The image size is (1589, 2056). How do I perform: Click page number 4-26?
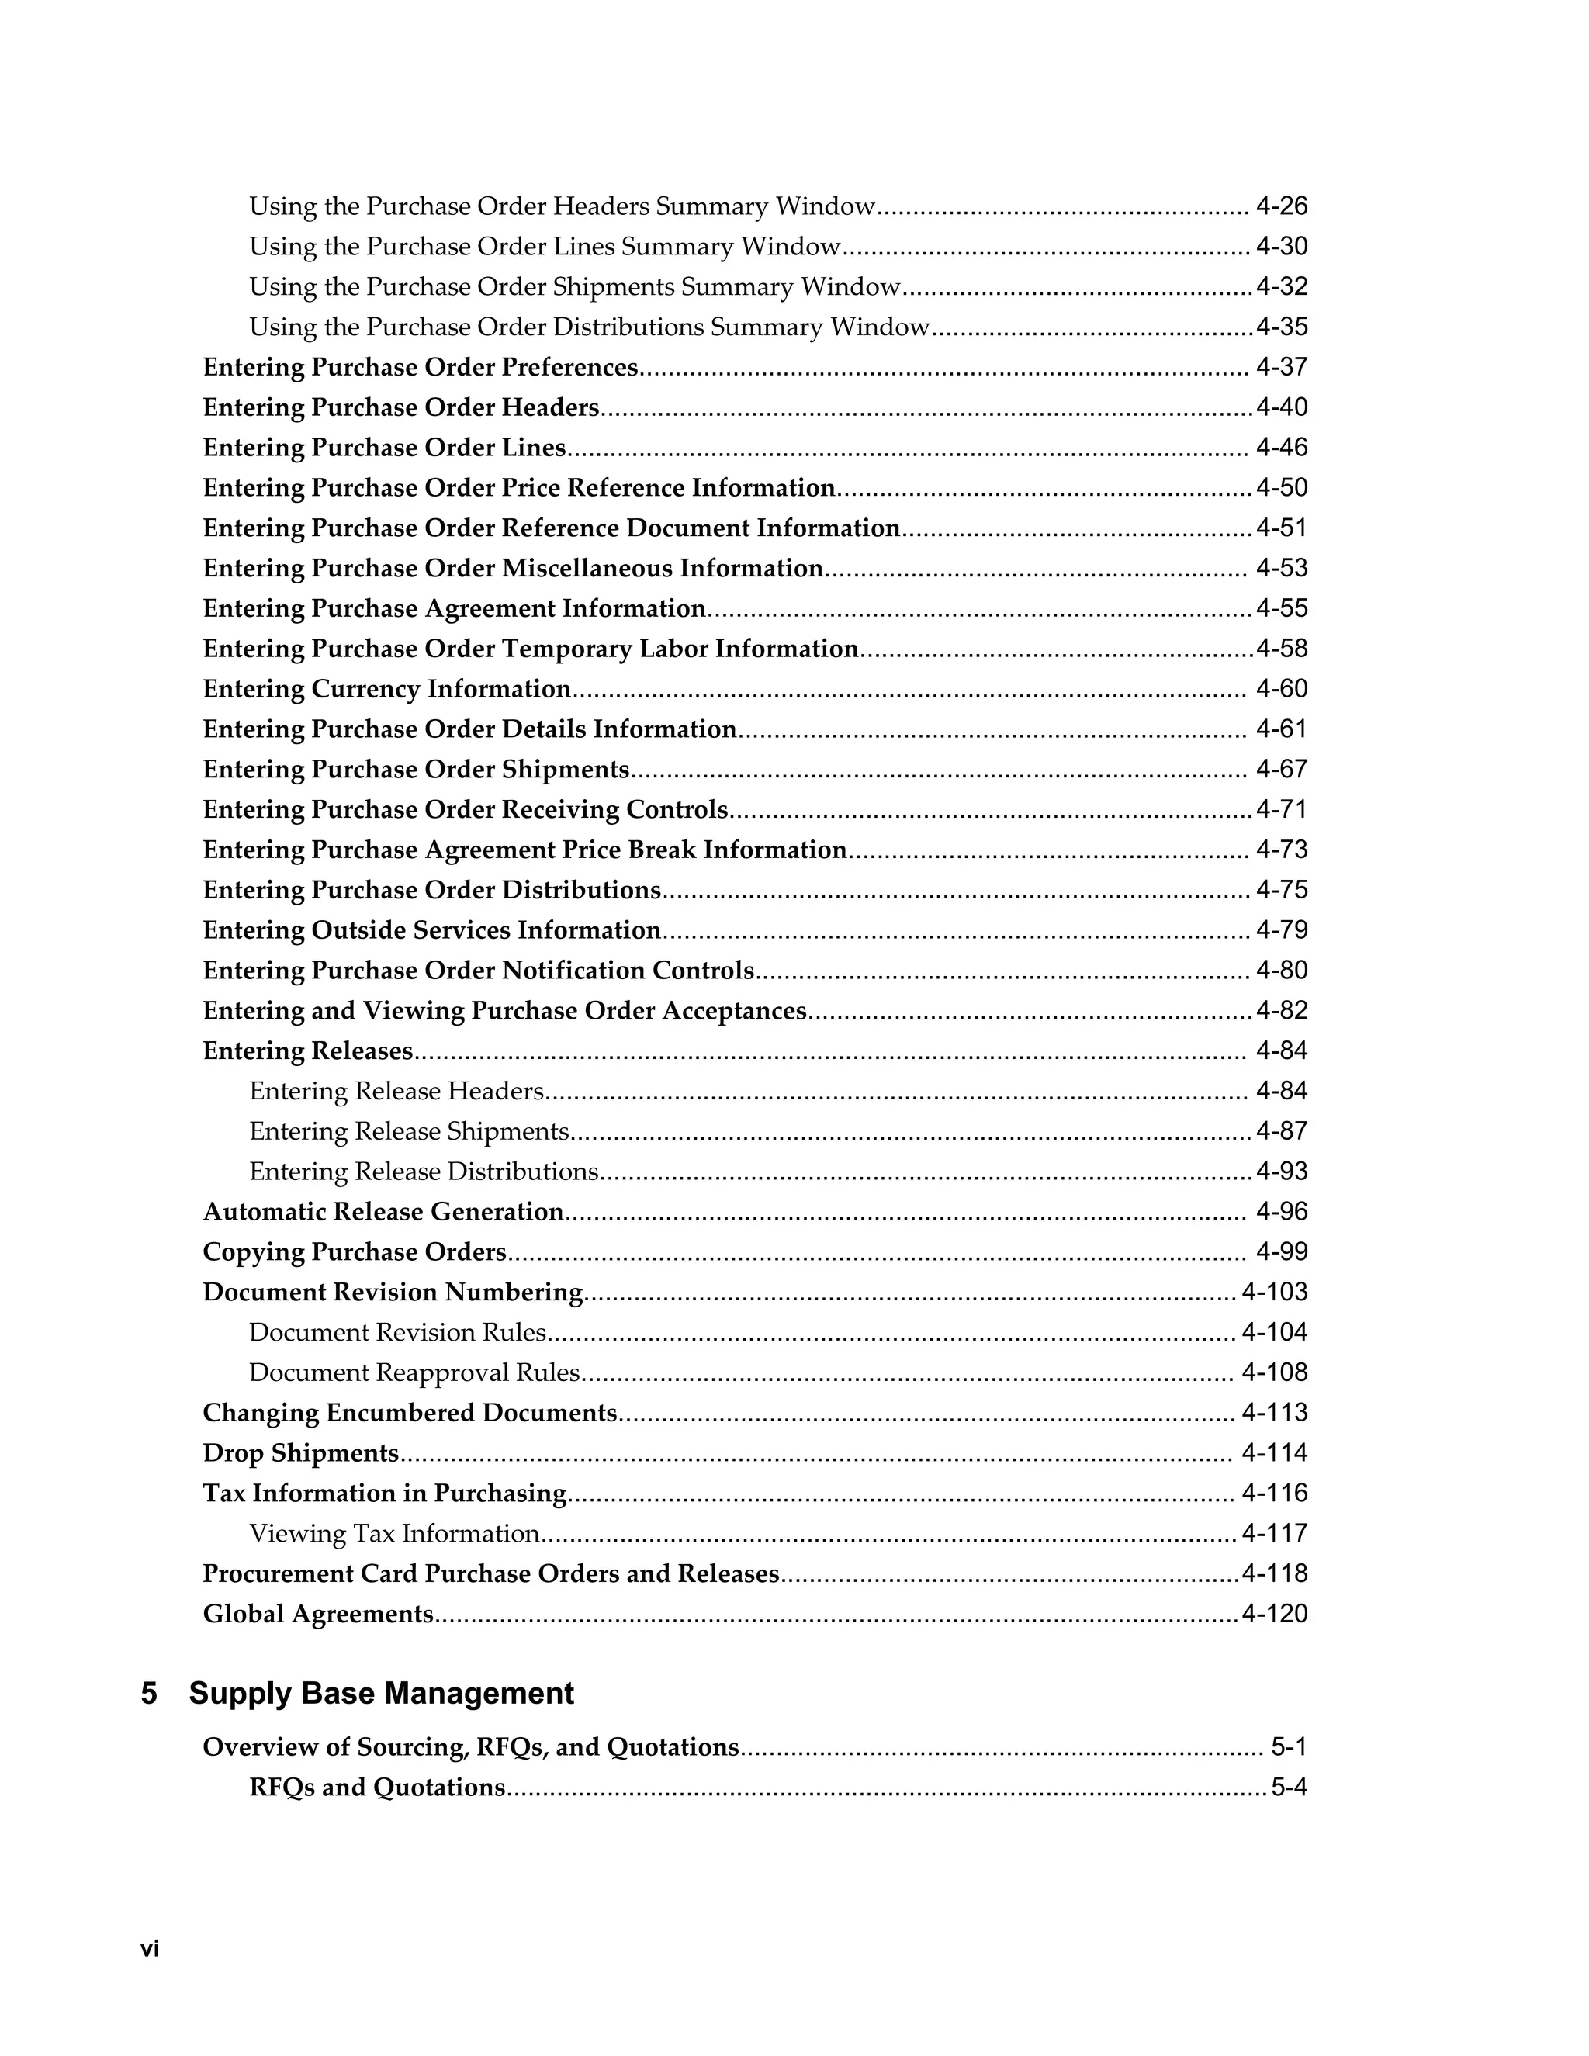(1281, 206)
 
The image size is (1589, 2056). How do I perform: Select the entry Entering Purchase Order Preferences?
(420, 367)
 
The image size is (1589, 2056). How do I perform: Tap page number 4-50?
(1281, 488)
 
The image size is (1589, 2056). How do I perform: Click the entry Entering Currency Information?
(387, 689)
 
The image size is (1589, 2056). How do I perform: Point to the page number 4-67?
(1281, 769)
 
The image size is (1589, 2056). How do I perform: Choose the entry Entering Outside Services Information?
(431, 930)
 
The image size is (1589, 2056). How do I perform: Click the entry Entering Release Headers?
(396, 1091)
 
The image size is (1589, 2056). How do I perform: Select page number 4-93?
(1281, 1171)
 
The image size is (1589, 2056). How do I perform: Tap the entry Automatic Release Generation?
(383, 1212)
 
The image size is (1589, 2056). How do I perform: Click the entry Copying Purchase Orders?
(355, 1252)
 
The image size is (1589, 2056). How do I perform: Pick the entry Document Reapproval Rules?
(414, 1372)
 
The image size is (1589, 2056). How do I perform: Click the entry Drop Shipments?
(301, 1453)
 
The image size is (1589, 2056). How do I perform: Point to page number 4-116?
(1274, 1493)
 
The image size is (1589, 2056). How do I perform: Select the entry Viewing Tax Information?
(393, 1534)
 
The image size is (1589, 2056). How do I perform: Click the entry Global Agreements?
(318, 1615)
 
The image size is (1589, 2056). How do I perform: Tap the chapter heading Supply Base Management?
(381, 1694)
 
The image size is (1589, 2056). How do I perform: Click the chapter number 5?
(149, 1694)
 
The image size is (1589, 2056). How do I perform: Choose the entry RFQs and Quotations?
(376, 1788)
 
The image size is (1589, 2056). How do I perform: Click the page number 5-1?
(1289, 1747)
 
